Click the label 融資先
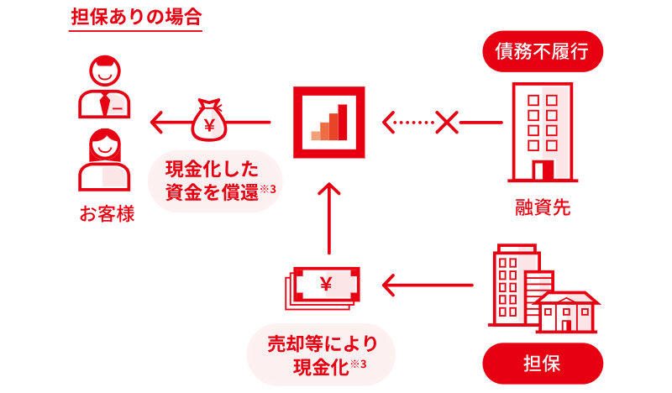tap(543, 207)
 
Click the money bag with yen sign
tap(209, 122)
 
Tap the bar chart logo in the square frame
tap(329, 122)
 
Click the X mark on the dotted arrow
tap(446, 123)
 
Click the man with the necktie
tap(105, 88)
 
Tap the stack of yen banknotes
tap(324, 286)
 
